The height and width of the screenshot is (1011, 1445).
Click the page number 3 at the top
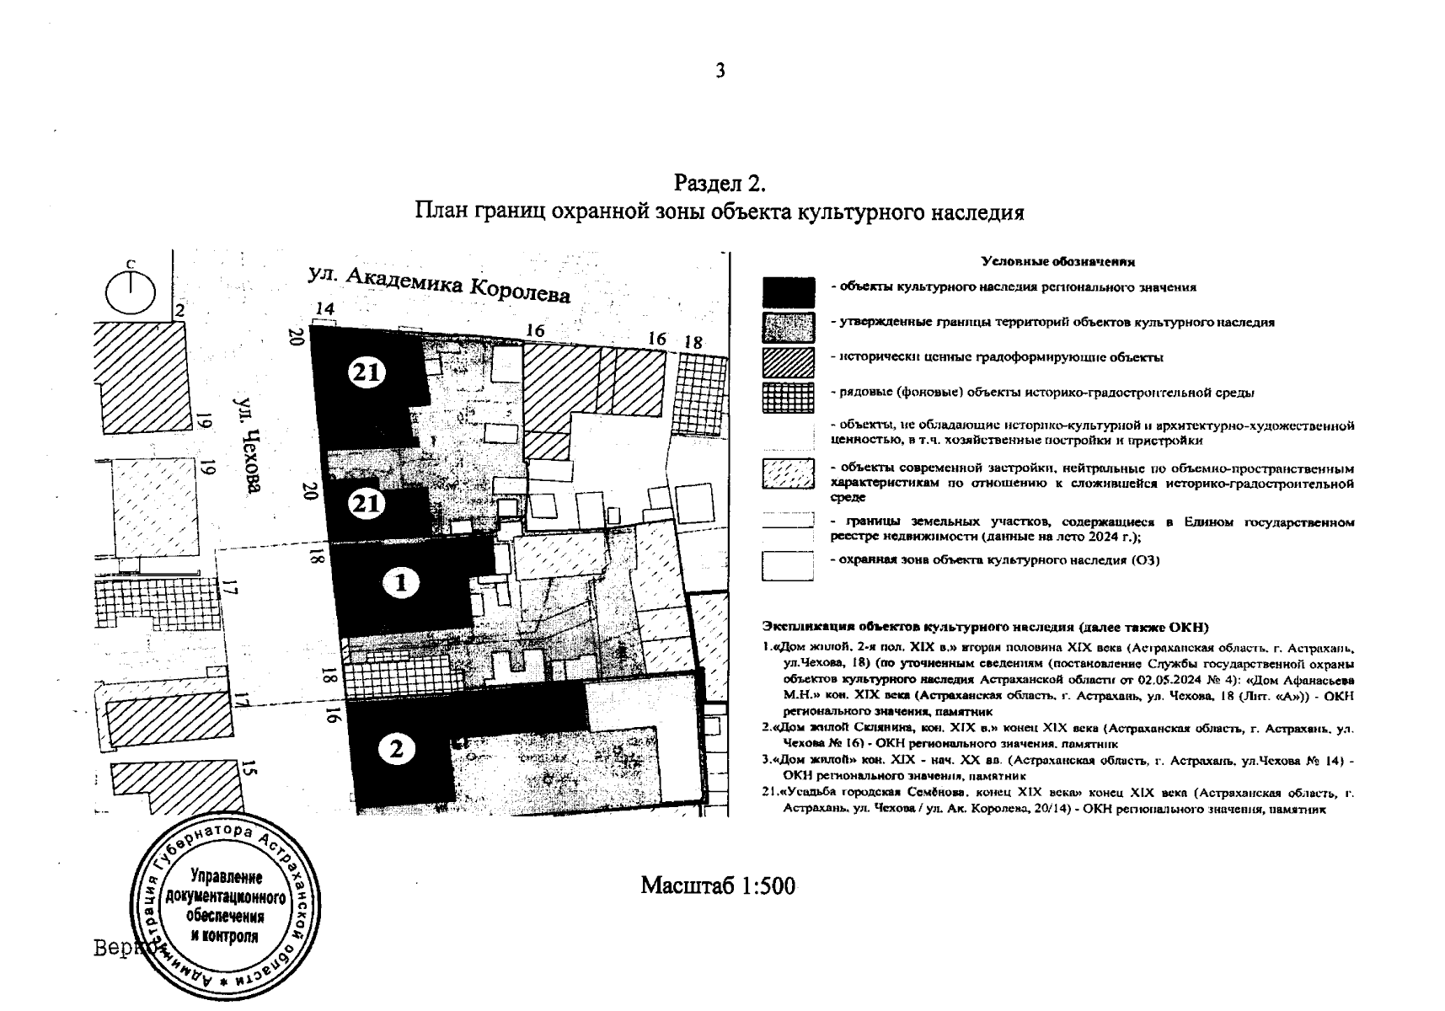coord(720,72)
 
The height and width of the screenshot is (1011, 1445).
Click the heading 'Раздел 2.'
coord(719,183)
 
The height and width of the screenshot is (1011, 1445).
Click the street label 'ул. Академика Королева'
coord(439,285)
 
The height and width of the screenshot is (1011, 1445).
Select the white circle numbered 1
coord(401,583)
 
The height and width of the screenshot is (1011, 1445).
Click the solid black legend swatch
coord(788,292)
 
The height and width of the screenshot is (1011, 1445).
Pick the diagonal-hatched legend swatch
coord(788,361)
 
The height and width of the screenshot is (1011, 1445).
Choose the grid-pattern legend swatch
coord(788,396)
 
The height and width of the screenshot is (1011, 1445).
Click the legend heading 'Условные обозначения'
coord(1058,262)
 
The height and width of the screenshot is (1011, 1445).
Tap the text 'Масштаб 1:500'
coord(718,885)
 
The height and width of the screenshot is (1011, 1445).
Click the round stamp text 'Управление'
coord(227,875)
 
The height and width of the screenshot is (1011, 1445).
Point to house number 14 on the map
coord(324,309)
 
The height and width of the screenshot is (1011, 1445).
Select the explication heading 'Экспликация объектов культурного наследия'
coord(984,627)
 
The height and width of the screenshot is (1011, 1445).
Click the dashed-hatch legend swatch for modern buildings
coord(788,473)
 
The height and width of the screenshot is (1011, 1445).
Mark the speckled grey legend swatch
coord(788,327)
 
